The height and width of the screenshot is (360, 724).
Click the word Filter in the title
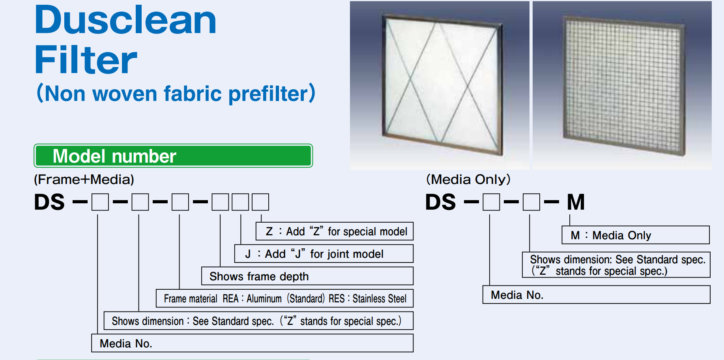pos(86,60)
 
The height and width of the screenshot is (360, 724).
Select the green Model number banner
pos(173,156)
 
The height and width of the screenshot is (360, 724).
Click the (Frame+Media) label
pos(84,180)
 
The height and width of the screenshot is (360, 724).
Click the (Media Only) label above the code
pos(468,180)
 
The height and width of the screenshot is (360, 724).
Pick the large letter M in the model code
pos(576,202)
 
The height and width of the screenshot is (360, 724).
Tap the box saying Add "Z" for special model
pos(335,231)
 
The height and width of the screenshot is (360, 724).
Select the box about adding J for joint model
pos(324,254)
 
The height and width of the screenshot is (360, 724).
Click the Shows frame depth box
pos(307,276)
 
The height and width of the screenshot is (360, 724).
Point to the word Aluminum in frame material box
pos(264,299)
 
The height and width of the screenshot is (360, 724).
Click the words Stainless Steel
pos(380,299)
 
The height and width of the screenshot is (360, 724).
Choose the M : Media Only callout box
pos(636,235)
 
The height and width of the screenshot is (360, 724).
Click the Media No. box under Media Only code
pos(596,295)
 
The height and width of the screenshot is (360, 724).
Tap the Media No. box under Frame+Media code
pos(253,343)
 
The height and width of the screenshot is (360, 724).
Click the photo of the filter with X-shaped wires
pos(440,86)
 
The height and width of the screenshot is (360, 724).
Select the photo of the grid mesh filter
pos(622,86)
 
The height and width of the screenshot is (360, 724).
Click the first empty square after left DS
pos(100,202)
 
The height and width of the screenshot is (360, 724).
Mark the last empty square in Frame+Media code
pos(260,202)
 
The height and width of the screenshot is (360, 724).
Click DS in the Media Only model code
pos(441,202)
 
